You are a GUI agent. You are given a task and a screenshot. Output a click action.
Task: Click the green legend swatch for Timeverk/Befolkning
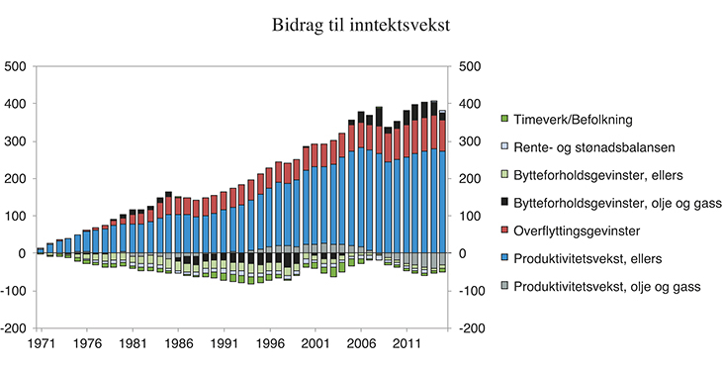tap(504, 119)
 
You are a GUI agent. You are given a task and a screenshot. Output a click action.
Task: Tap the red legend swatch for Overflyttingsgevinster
tap(504, 230)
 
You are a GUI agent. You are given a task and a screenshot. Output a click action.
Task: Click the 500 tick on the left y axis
tap(17, 67)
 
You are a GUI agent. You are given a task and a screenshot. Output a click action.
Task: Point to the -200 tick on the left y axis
tap(15, 328)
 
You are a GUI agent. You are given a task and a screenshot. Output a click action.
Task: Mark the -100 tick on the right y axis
tap(468, 291)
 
